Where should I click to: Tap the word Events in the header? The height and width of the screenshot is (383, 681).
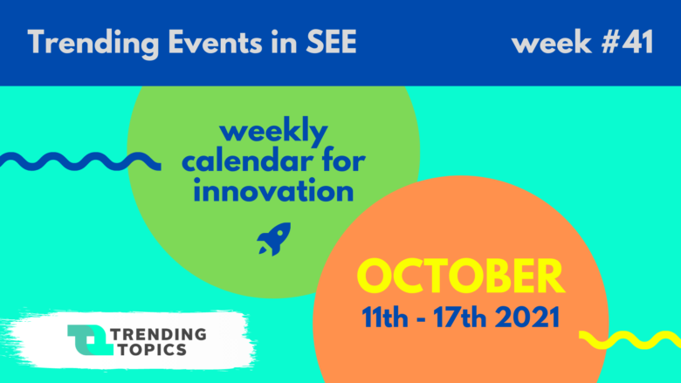point(215,42)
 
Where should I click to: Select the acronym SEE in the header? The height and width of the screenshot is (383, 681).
point(332,42)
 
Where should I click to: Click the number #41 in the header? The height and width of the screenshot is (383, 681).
point(627,42)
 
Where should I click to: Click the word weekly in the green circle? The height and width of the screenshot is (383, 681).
point(273,132)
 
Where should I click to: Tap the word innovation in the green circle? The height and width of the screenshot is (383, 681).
point(273,191)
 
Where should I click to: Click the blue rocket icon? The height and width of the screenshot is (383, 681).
point(274,239)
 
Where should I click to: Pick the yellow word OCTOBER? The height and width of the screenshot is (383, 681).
point(461,277)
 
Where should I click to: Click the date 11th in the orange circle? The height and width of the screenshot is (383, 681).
point(385,317)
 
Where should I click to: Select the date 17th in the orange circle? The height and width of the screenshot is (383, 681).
point(459,317)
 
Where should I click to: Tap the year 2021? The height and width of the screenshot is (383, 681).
point(527,317)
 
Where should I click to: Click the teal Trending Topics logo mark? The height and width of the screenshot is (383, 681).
point(90,339)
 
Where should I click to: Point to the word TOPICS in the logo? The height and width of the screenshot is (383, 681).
point(153,349)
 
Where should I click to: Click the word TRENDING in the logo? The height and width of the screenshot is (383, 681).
point(159,334)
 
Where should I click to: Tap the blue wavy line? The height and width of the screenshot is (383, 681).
point(80,161)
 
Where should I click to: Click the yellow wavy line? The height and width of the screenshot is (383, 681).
point(629,339)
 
